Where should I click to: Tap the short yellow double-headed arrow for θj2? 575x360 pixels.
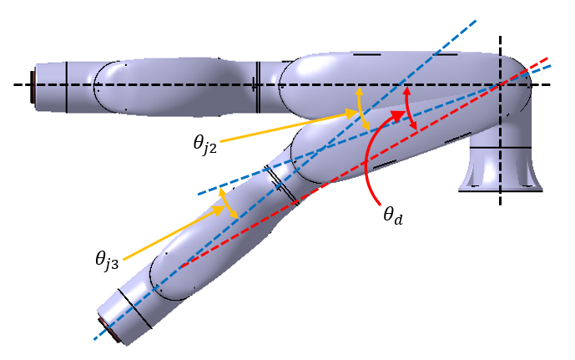[361, 109]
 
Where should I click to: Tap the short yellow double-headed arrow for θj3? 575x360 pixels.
[228, 204]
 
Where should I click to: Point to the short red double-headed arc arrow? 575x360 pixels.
[410, 108]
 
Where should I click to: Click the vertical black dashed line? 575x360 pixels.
[501, 167]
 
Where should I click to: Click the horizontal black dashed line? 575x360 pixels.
[167, 84]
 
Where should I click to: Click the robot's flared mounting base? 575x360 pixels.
[501, 171]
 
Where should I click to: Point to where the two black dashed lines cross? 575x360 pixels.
[501, 84]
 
